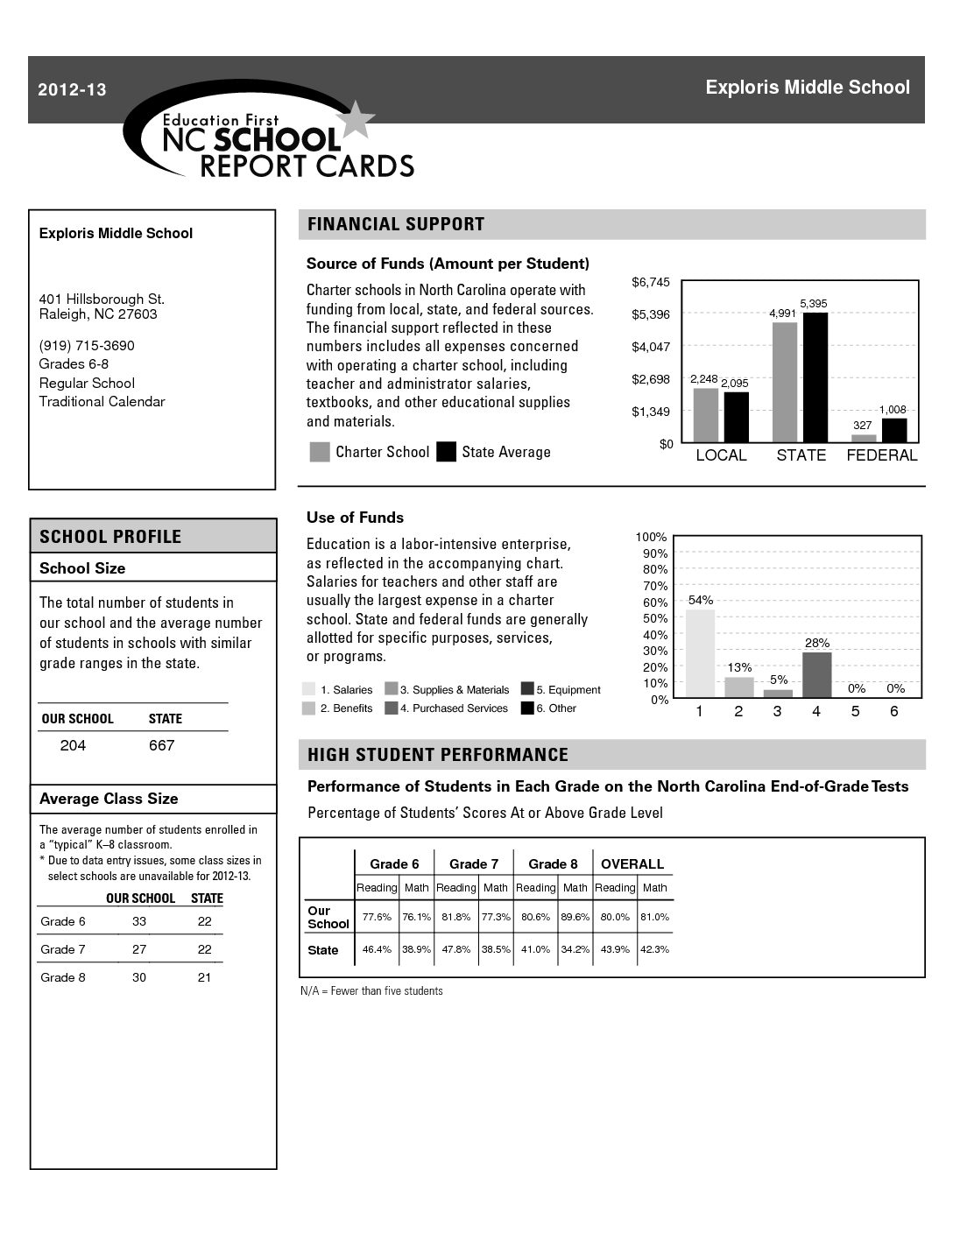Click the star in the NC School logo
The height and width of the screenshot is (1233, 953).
pyautogui.click(x=356, y=121)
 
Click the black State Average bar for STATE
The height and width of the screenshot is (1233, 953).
pyautogui.click(x=815, y=377)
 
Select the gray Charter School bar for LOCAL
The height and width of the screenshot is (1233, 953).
pyautogui.click(x=706, y=414)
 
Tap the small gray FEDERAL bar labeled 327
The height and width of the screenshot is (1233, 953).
pyautogui.click(x=864, y=438)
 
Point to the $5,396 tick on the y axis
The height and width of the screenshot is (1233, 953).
pyautogui.click(x=651, y=314)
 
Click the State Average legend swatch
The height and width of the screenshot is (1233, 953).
pyautogui.click(x=447, y=452)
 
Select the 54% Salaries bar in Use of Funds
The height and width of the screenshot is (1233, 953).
pyautogui.click(x=700, y=652)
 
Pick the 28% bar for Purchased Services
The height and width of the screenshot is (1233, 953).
pyautogui.click(x=816, y=673)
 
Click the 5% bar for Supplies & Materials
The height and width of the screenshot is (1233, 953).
pyautogui.click(x=778, y=693)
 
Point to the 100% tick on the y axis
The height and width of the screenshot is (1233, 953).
pyautogui.click(x=651, y=537)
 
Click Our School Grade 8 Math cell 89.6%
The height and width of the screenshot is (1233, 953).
pyautogui.click(x=575, y=917)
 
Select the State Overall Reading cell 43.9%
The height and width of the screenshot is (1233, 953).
pyautogui.click(x=615, y=949)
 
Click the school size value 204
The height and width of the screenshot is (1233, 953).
pyautogui.click(x=73, y=745)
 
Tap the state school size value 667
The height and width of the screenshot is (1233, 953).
pyautogui.click(x=161, y=745)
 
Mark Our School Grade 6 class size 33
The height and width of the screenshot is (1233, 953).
pyautogui.click(x=139, y=921)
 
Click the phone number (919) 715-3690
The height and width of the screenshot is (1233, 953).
pyautogui.click(x=87, y=345)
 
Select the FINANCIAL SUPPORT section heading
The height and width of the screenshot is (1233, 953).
pyautogui.click(x=396, y=224)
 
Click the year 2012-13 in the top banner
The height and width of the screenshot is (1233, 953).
pyautogui.click(x=72, y=89)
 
